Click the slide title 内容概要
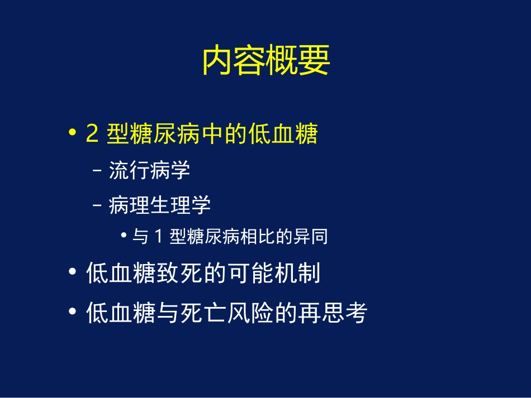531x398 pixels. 265,61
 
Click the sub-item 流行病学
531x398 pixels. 149,170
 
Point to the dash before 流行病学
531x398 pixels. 98,171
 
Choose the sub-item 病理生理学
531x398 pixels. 159,205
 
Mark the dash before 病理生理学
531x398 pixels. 98,206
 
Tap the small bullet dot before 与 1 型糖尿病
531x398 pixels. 124,237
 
